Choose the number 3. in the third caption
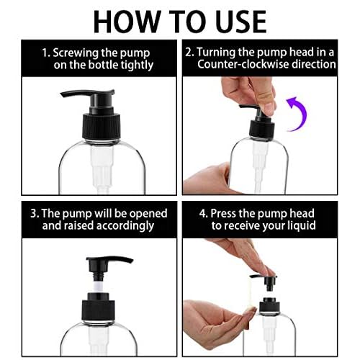click(35, 214)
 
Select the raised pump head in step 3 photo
click(108, 261)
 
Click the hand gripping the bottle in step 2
click(209, 176)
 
